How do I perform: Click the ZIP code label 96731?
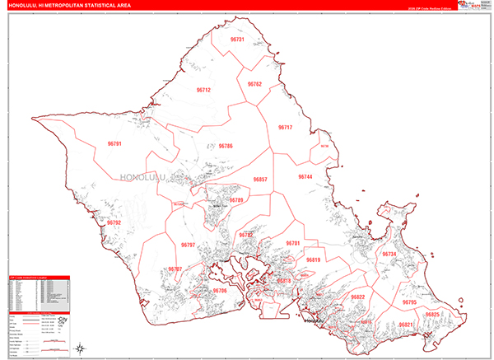click(237, 40)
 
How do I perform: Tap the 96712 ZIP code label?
click(203, 90)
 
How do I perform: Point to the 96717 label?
click(285, 128)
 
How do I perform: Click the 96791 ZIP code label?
click(114, 144)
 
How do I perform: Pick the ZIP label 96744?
click(305, 177)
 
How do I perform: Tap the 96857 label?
click(260, 180)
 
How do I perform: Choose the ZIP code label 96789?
click(236, 200)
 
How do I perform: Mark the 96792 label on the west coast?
click(114, 222)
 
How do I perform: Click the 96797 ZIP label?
click(188, 245)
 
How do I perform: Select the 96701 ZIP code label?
click(293, 244)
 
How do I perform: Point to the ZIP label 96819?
click(312, 260)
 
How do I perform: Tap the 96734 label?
click(389, 254)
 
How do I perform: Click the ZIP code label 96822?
click(357, 297)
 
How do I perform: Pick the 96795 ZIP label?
click(409, 303)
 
